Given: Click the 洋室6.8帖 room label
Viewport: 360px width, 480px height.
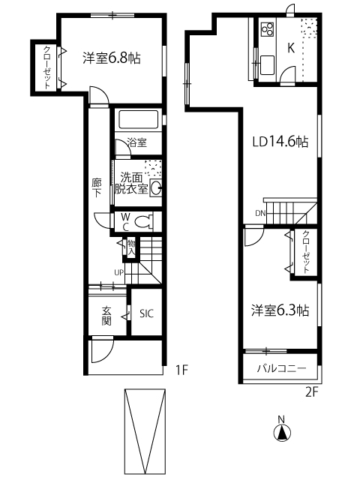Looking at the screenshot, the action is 112,58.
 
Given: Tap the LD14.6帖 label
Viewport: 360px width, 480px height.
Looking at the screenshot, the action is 280,142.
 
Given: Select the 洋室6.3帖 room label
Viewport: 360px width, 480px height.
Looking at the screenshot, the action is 280,310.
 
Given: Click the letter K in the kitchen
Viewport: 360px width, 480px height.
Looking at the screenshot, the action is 291,48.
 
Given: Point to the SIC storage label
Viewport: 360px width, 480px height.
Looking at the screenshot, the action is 146,313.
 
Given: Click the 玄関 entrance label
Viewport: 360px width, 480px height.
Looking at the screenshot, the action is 106,316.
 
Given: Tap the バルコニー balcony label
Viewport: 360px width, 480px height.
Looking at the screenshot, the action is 281,368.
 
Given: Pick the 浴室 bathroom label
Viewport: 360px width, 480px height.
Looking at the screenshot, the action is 137,142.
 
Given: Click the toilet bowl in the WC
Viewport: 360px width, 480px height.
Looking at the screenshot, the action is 144,222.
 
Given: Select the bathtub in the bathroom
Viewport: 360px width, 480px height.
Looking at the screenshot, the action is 138,119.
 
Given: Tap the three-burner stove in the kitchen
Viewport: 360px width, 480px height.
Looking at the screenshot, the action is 267,29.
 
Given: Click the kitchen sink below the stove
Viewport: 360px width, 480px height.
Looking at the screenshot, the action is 267,64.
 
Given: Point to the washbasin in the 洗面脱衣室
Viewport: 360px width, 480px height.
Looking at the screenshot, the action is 156,188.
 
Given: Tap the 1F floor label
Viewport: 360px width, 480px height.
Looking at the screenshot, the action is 181,370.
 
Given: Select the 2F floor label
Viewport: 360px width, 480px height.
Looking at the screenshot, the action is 312,392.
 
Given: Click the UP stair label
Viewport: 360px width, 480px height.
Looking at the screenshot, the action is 118,271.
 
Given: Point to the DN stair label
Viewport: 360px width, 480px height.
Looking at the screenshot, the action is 260,213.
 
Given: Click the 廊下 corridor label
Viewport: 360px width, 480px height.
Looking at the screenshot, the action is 97,188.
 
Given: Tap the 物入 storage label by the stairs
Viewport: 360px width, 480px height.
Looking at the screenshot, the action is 131,247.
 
